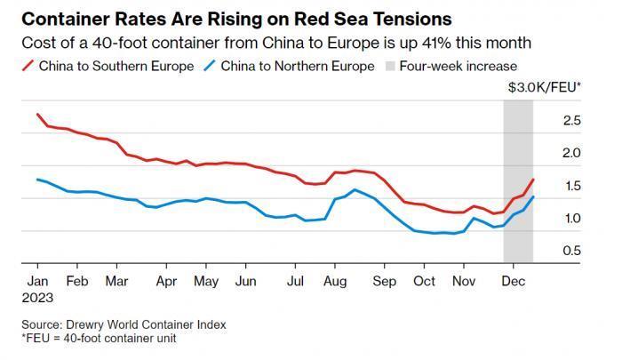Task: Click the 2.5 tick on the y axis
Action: [x=572, y=120]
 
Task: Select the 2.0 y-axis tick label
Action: [x=572, y=153]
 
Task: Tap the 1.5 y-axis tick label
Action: [x=572, y=186]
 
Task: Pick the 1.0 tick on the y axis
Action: [x=572, y=219]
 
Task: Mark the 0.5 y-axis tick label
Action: [x=572, y=251]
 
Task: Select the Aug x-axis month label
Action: [x=336, y=282]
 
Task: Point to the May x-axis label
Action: [x=206, y=282]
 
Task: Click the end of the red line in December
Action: [x=533, y=180]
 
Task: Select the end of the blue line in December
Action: [x=533, y=197]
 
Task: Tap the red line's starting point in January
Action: [x=37, y=115]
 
